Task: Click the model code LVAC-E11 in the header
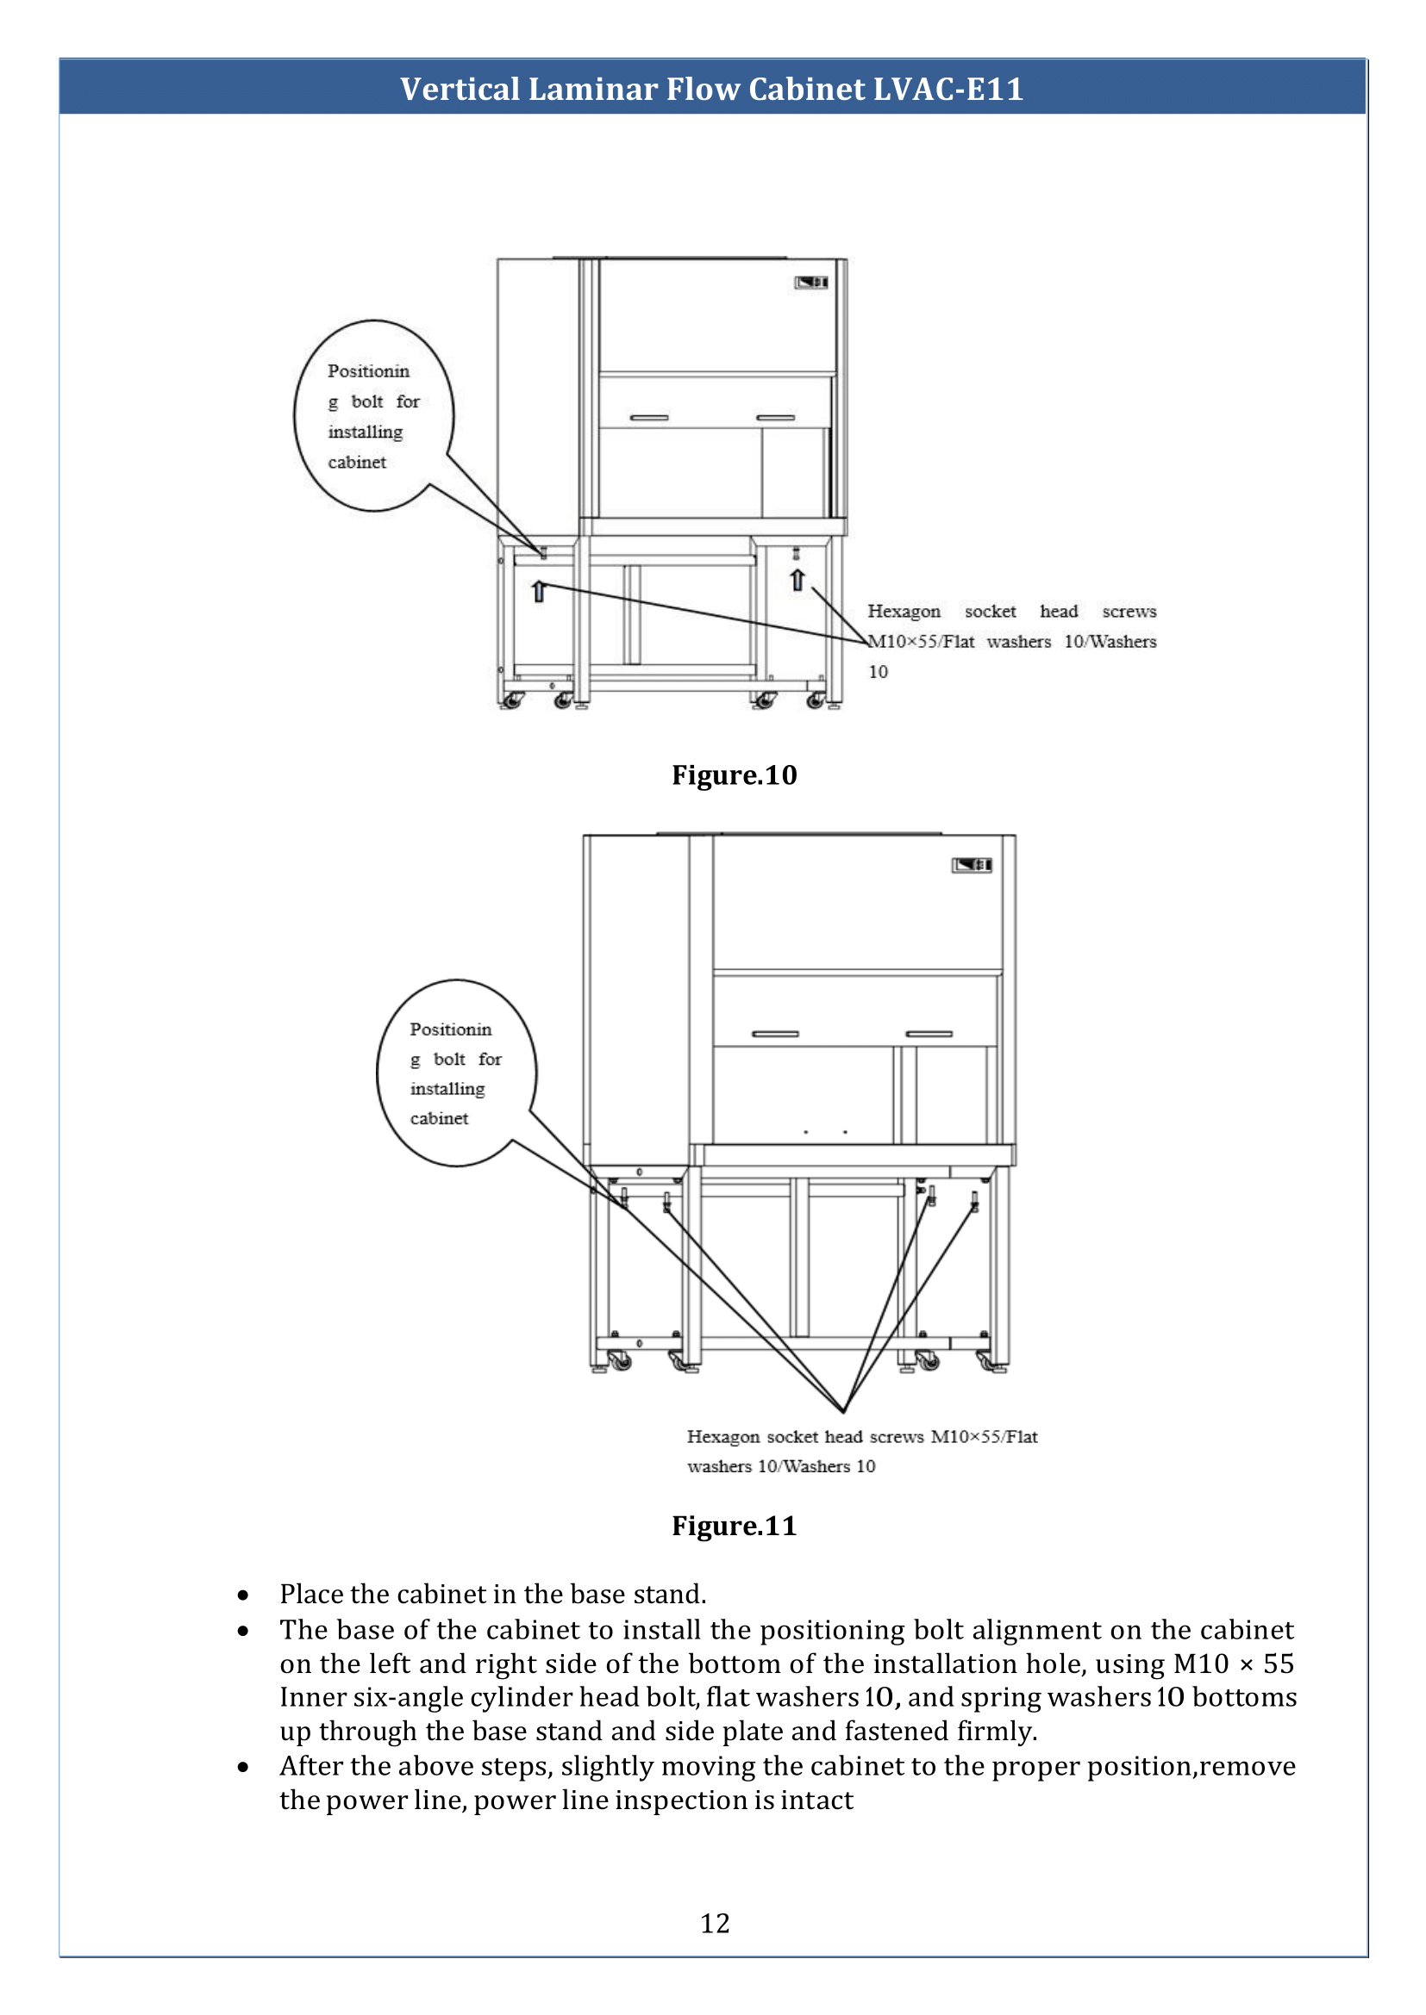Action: pyautogui.click(x=948, y=89)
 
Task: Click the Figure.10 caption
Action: pyautogui.click(x=734, y=775)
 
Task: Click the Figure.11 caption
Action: pyautogui.click(x=734, y=1527)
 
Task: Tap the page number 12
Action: pyautogui.click(x=715, y=1924)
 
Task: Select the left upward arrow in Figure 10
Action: pyautogui.click(x=539, y=591)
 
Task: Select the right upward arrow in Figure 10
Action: pyautogui.click(x=797, y=579)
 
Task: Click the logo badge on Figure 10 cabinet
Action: pyautogui.click(x=811, y=282)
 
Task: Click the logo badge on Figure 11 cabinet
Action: pyautogui.click(x=972, y=865)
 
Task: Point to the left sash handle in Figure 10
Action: pyautogui.click(x=649, y=418)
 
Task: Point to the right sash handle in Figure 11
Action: pyautogui.click(x=929, y=1034)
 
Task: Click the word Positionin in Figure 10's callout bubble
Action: pyautogui.click(x=369, y=371)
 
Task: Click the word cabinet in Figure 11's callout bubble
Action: pyautogui.click(x=439, y=1118)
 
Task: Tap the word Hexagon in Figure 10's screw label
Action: pyautogui.click(x=904, y=612)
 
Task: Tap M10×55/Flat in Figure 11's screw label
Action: pyautogui.click(x=984, y=1437)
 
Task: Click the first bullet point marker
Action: pyautogui.click(x=243, y=1595)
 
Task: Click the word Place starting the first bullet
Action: pyautogui.click(x=307, y=1594)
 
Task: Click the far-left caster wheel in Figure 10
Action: pyautogui.click(x=511, y=701)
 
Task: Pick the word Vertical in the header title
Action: pyautogui.click(x=460, y=89)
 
